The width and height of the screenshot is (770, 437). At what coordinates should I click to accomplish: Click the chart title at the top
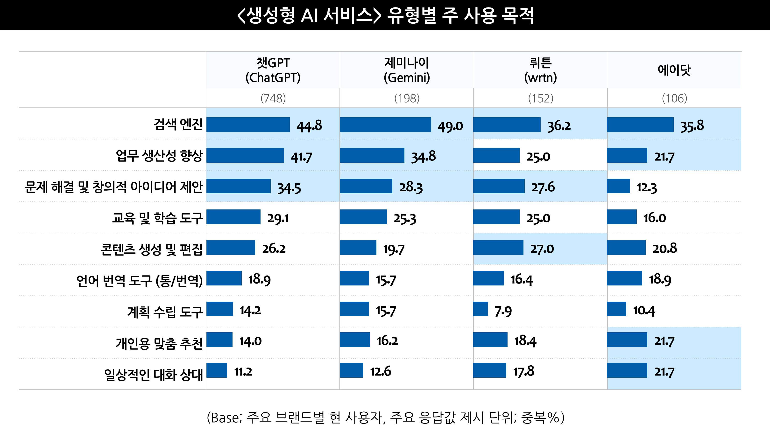pos(385,15)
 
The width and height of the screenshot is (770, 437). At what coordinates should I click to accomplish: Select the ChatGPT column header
pos(273,70)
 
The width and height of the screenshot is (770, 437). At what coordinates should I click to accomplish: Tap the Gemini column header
pos(407,70)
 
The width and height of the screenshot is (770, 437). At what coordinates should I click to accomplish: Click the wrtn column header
pos(540,70)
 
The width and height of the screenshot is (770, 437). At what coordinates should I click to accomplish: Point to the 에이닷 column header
pos(674,70)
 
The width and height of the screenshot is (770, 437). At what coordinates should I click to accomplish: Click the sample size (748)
pos(273,98)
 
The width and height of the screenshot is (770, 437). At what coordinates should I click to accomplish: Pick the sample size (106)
pos(674,98)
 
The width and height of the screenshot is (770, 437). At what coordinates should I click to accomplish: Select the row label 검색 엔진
pos(178,125)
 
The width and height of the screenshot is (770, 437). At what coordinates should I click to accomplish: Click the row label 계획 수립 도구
pos(165,312)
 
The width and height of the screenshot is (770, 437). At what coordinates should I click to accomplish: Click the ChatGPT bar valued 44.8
pos(248,125)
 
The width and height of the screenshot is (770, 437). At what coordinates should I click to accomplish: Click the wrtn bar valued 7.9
pos(480,309)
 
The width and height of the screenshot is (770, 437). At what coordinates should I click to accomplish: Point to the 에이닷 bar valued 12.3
pos(618,186)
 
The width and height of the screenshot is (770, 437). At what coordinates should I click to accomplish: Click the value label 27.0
pos(542,249)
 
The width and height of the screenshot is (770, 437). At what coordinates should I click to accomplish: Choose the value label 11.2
pos(243,372)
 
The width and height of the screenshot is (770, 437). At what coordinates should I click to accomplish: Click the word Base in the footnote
pos(225,417)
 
